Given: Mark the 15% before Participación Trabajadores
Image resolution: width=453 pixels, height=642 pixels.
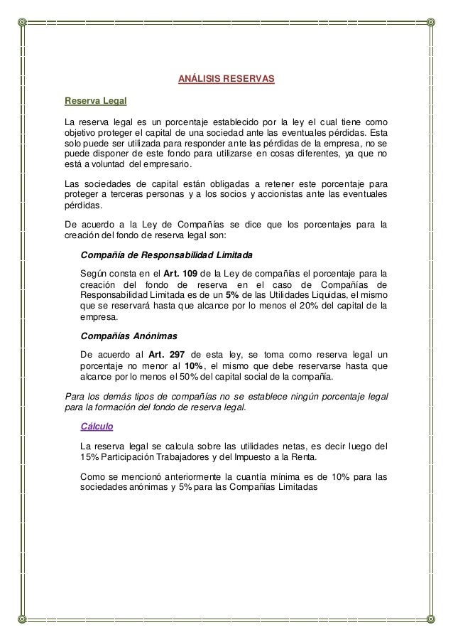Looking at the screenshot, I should tap(90, 456).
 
